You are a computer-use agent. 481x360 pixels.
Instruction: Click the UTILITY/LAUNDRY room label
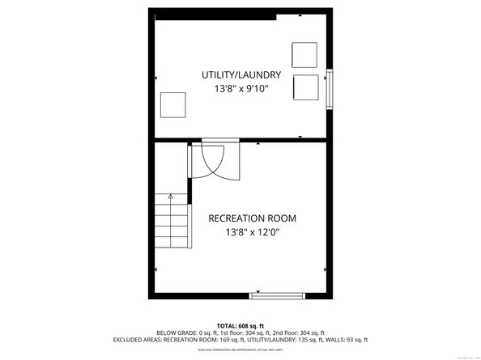pyautogui.click(x=240, y=75)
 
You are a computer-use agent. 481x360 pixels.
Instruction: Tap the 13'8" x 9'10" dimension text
pyautogui.click(x=240, y=88)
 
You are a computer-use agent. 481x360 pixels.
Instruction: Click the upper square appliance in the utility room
pyautogui.click(x=305, y=54)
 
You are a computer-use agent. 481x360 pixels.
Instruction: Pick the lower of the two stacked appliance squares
pyautogui.click(x=305, y=86)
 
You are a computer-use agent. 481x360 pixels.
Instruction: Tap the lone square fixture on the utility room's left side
pyautogui.click(x=173, y=105)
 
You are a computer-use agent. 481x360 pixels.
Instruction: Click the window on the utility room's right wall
pyautogui.click(x=330, y=89)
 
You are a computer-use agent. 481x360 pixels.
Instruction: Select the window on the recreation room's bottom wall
pyautogui.click(x=278, y=294)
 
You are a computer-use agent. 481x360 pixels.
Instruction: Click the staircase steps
pyautogui.click(x=170, y=222)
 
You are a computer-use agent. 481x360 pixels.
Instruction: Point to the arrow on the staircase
pyautogui.click(x=170, y=197)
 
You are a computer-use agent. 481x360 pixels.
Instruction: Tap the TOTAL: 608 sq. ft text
pyautogui.click(x=240, y=324)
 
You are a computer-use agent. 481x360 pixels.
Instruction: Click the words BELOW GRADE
pyautogui.click(x=176, y=332)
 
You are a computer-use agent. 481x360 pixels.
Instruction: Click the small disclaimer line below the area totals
pyautogui.click(x=240, y=349)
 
